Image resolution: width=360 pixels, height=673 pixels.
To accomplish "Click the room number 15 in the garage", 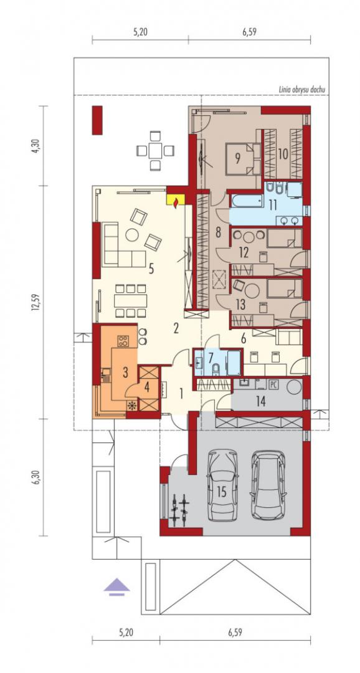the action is [221, 492].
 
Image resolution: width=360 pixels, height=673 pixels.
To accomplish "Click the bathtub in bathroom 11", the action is [246, 201].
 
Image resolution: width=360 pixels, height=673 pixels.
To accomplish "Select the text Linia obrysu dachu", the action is [301, 90].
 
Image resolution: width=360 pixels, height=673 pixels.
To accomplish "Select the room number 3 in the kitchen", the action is [125, 372].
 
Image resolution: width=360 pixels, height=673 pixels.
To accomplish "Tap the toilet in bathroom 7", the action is [216, 368].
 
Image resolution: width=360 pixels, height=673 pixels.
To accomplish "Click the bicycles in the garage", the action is [179, 510].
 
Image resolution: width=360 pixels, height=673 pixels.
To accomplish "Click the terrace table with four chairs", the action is [155, 151].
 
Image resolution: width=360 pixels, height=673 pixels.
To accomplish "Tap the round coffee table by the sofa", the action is [131, 235].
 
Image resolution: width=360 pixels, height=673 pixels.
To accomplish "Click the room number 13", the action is [240, 304].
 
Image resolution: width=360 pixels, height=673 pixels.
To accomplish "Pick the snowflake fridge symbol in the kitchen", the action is [132, 405].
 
